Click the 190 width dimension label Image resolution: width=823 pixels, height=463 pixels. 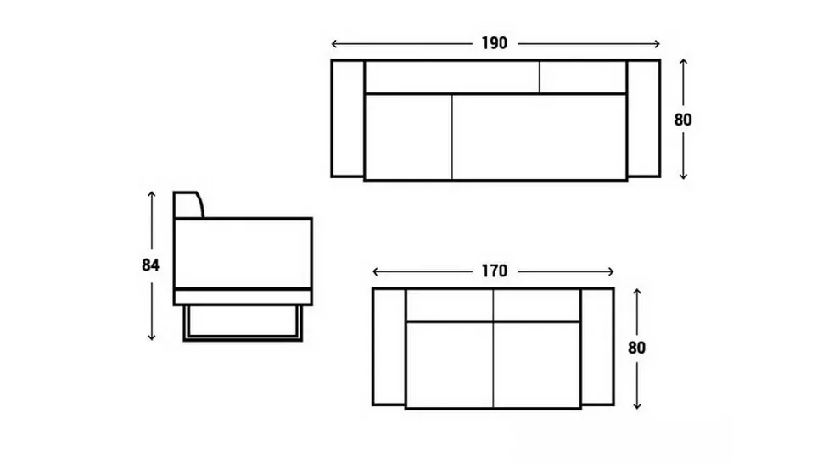(495, 43)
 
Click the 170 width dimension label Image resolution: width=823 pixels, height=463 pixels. (495, 271)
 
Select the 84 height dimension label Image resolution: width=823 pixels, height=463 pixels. (151, 265)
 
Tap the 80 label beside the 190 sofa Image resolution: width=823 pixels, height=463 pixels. (683, 120)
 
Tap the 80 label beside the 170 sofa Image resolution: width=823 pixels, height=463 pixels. (636, 348)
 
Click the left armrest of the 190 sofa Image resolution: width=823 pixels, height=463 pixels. (348, 119)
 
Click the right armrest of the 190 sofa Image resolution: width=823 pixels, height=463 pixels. (643, 119)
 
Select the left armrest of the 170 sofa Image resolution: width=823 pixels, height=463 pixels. (389, 347)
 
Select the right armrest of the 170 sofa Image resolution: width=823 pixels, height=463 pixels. (597, 347)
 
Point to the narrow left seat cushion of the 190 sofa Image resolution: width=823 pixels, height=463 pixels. (408, 137)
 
